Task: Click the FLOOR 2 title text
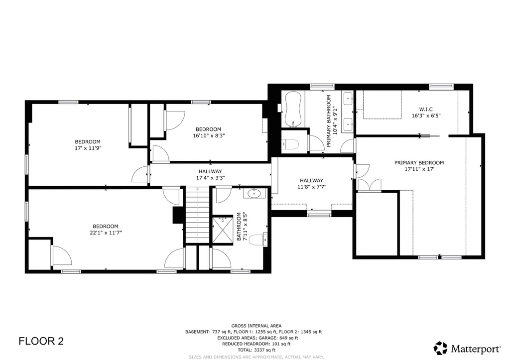click(41, 341)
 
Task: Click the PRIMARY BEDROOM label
click(419, 163)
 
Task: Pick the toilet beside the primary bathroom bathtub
click(292, 144)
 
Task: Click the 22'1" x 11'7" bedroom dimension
click(105, 232)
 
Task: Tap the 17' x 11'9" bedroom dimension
click(88, 147)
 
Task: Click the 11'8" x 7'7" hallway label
click(311, 187)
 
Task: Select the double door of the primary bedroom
click(369, 184)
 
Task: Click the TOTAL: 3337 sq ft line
click(255, 350)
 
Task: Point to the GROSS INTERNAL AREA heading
click(255, 326)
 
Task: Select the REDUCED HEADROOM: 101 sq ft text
click(255, 344)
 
